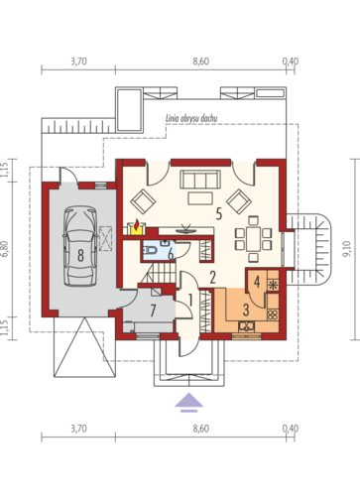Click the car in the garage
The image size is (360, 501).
[x=80, y=246]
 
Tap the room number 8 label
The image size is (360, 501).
[x=80, y=255]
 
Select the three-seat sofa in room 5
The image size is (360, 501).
[x=200, y=180]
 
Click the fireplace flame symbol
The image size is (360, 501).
[x=137, y=226]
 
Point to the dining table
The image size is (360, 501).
[x=254, y=238]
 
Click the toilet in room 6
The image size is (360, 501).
[x=151, y=250]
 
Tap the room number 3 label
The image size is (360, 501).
[x=246, y=311]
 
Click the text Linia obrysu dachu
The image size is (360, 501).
[x=191, y=119]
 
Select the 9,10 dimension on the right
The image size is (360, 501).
[x=346, y=249]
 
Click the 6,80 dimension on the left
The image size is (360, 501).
[x=6, y=249]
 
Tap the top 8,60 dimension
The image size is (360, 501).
[x=201, y=62]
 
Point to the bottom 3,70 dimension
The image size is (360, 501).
[x=78, y=429]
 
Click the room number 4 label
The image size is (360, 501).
[x=257, y=282]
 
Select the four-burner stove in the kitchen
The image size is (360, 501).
[x=273, y=314]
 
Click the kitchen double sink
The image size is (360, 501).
[x=247, y=326]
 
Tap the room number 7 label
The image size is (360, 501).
[x=153, y=311]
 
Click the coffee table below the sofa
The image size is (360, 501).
[x=200, y=198]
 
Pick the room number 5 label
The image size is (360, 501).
[x=219, y=214]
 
